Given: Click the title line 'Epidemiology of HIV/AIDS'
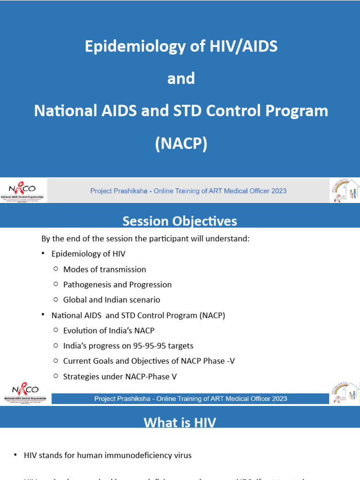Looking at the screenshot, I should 181,46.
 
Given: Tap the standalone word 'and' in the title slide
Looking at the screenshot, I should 181,78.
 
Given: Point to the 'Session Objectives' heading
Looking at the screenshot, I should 180,221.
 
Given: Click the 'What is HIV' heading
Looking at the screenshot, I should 180,422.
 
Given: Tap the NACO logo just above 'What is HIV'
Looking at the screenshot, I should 24,393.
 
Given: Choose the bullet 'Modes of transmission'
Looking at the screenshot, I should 105,270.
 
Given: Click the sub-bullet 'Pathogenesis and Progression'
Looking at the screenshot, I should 117,285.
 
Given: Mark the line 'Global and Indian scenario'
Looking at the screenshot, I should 112,300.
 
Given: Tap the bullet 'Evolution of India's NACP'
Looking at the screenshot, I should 109,330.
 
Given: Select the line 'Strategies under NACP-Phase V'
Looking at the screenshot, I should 120,376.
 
